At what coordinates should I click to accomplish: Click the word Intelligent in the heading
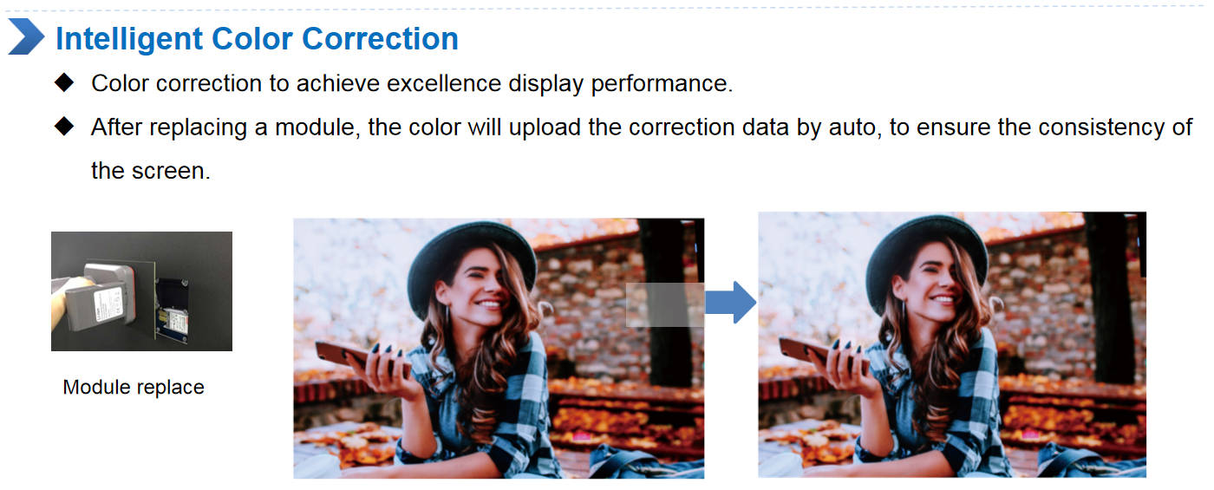tap(129, 39)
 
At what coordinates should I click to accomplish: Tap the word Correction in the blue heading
tap(380, 38)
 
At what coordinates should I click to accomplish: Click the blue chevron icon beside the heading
tap(26, 36)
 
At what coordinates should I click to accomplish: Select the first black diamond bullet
tap(64, 82)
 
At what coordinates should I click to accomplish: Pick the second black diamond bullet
tap(64, 127)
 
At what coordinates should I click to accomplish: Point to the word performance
tap(661, 84)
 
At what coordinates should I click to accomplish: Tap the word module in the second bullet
tap(315, 127)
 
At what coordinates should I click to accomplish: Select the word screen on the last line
tap(171, 171)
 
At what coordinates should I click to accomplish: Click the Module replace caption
tap(134, 387)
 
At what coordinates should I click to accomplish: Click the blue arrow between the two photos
tap(730, 302)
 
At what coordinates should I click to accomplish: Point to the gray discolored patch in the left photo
tap(665, 304)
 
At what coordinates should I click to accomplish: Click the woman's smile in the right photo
tap(943, 298)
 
